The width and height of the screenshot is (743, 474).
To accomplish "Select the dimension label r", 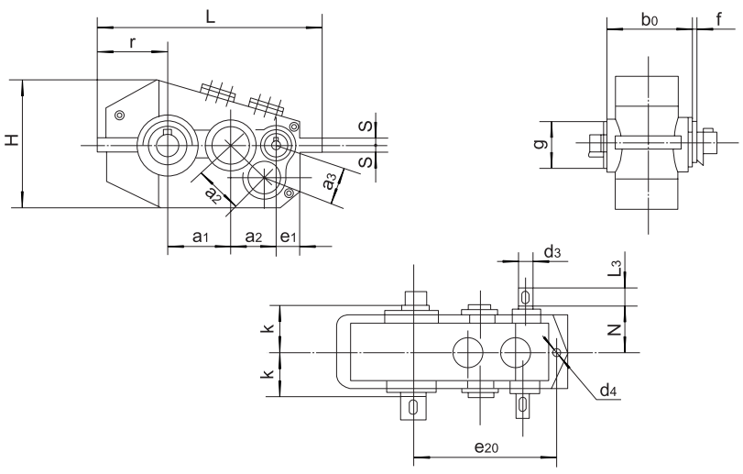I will tap(134, 42).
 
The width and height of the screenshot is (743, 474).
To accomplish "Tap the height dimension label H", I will tap(10, 140).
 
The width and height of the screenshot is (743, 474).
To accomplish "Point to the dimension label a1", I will tap(201, 237).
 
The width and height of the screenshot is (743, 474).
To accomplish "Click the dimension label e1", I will tap(289, 237).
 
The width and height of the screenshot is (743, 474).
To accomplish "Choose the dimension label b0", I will tap(650, 18).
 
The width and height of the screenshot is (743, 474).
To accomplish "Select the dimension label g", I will tap(541, 145).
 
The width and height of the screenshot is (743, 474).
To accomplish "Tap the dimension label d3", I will tap(552, 250).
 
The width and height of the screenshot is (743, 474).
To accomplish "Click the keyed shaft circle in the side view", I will tap(166, 141).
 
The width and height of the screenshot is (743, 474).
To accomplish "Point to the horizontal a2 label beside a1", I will tap(254, 237).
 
